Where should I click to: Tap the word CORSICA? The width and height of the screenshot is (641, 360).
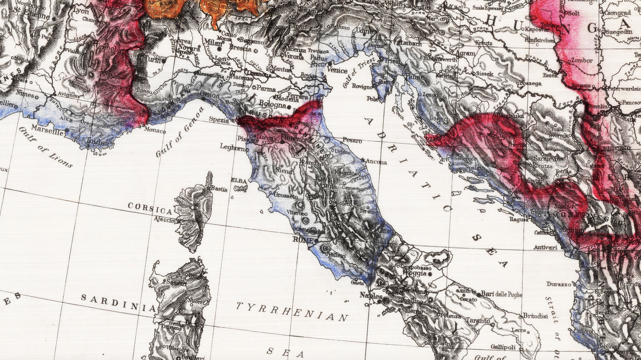150,208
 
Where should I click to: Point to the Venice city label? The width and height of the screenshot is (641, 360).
337,70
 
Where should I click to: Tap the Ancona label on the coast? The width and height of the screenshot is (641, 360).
376,161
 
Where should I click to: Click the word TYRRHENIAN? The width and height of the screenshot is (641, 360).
292,311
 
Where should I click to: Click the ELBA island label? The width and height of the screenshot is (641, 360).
238,181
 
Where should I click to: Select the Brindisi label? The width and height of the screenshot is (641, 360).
535,316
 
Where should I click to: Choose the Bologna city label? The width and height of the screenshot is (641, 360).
273,104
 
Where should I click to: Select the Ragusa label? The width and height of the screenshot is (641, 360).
519,219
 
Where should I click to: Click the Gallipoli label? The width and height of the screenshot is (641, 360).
503,347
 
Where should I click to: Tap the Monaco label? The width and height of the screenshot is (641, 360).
155,131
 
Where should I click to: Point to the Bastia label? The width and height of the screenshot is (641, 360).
219,188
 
